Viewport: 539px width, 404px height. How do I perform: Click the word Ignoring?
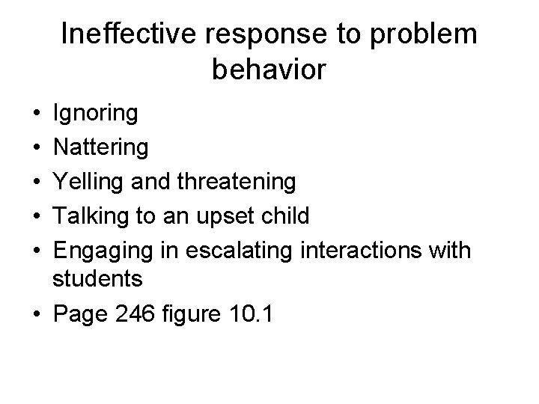pyautogui.click(x=95, y=114)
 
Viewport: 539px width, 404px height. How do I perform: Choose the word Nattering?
pyautogui.click(x=101, y=148)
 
